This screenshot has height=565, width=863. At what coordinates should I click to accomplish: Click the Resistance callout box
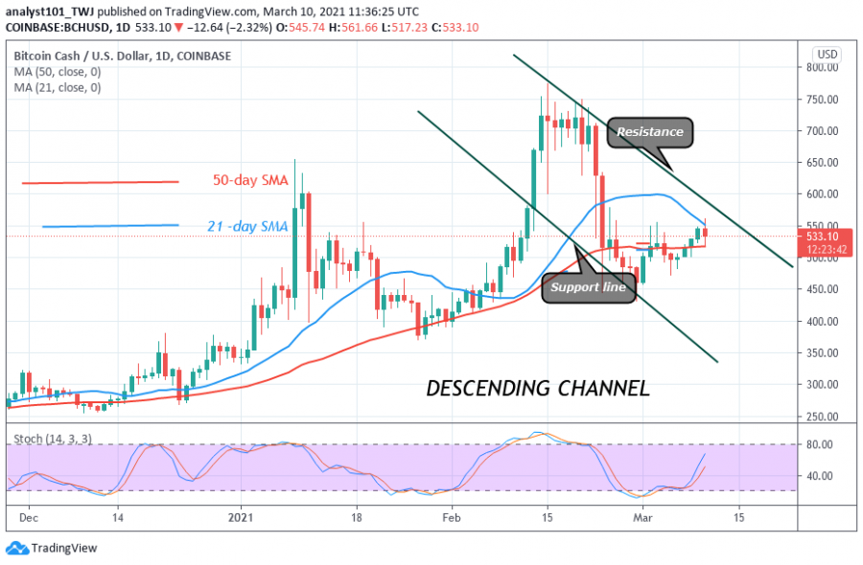click(650, 132)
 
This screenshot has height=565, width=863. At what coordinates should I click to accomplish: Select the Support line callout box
click(589, 287)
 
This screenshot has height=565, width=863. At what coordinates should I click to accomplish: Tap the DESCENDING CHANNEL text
click(537, 388)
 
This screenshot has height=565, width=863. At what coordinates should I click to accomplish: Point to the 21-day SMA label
click(247, 226)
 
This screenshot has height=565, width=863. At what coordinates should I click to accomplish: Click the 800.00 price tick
click(824, 68)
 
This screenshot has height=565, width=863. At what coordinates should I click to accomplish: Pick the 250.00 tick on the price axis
click(824, 417)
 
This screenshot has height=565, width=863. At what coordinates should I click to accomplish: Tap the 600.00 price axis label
click(824, 194)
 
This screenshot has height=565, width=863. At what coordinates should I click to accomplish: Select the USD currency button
click(827, 54)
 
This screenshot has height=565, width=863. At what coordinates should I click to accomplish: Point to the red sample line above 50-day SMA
click(100, 182)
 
